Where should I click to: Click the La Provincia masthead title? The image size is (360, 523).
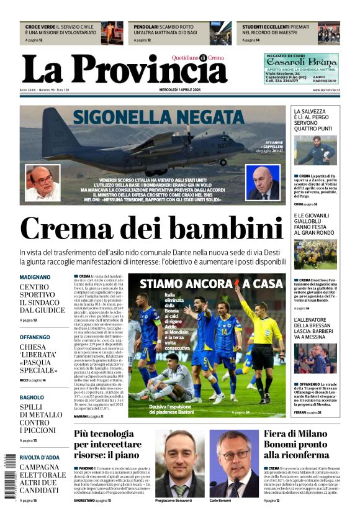[124, 70]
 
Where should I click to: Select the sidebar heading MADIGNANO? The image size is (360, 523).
[35, 277]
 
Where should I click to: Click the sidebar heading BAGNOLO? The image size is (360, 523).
[32, 397]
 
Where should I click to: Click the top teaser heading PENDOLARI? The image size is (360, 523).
[149, 27]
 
